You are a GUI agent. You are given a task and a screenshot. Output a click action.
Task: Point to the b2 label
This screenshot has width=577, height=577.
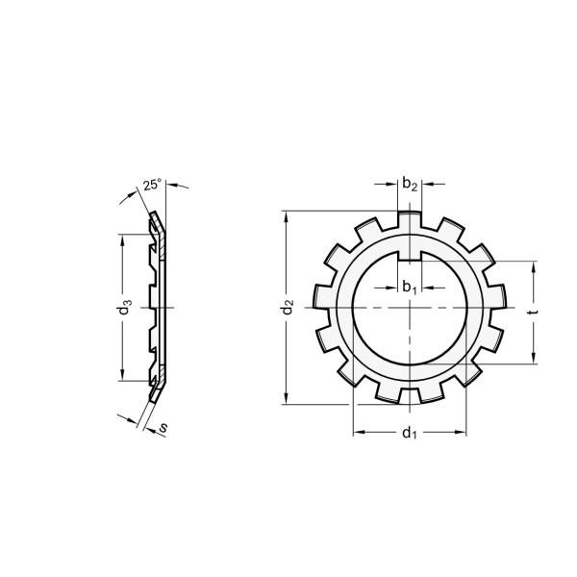click(410, 184)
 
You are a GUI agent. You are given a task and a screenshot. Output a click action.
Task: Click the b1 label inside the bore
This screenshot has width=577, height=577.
click(409, 286)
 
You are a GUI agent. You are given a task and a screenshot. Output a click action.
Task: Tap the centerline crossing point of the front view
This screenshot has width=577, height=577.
click(409, 308)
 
